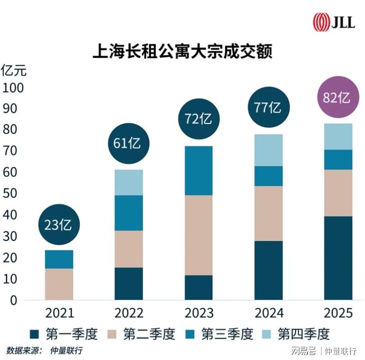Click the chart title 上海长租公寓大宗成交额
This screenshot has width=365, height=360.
pos(182,50)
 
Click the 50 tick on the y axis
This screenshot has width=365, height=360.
pos(10,194)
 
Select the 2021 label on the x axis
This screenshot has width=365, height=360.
pos(59,313)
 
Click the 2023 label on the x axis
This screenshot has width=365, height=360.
pos(198,313)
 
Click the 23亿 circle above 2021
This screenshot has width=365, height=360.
pos(59,225)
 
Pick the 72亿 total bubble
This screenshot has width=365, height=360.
pos(198,119)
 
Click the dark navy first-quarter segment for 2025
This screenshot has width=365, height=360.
pos(338,258)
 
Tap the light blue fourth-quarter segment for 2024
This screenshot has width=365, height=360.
pos(268,150)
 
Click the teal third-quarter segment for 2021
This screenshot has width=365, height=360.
pos(59,259)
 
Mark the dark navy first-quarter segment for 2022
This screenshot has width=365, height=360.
pos(129,283)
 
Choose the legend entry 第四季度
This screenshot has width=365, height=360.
pos(296,335)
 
